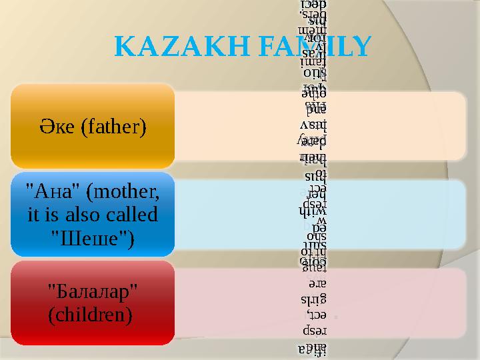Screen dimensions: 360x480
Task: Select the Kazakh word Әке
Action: (x=59, y=125)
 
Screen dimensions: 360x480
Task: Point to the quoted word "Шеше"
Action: (x=93, y=237)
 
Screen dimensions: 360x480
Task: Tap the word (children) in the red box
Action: (x=89, y=313)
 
